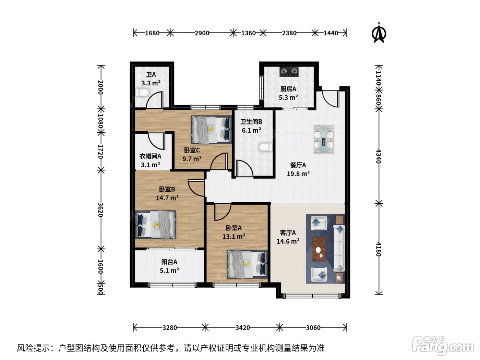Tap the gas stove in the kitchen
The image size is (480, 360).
click(x=289, y=71)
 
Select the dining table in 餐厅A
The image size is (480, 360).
click(x=324, y=140)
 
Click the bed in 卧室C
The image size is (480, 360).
click(x=211, y=130)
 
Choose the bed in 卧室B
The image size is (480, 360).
click(x=155, y=225)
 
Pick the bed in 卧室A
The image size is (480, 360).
click(x=247, y=264)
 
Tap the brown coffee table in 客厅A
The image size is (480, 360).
click(x=319, y=249)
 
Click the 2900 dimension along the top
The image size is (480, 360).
click(x=202, y=33)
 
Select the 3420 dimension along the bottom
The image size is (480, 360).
click(x=242, y=328)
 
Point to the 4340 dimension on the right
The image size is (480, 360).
click(x=379, y=156)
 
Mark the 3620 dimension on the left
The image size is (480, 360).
click(x=100, y=209)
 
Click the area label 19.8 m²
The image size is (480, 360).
click(x=298, y=174)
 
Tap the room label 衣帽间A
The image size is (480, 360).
click(x=151, y=156)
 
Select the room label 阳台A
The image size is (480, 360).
click(x=169, y=262)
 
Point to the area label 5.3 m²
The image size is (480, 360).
click(x=288, y=97)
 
